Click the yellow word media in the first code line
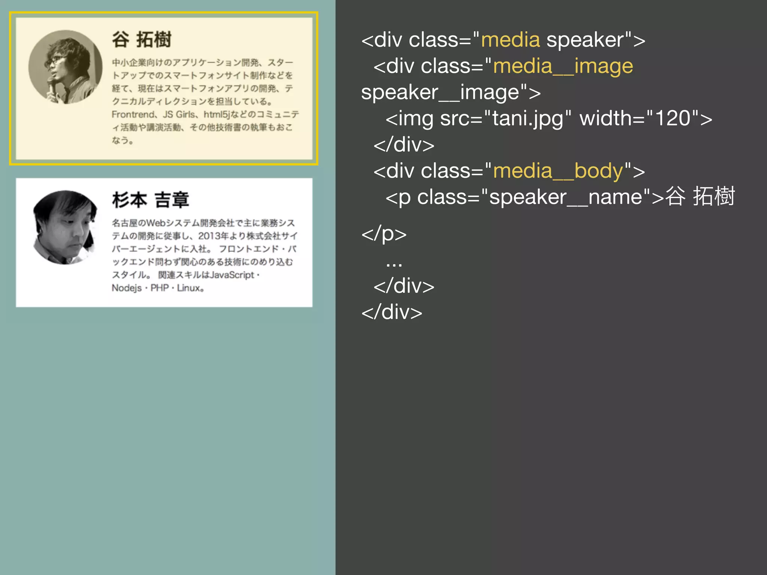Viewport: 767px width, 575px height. click(510, 40)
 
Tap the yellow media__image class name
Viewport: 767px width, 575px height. click(563, 66)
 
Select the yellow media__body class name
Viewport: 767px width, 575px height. click(558, 171)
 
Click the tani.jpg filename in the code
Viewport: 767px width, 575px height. click(528, 119)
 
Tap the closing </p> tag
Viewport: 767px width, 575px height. click(384, 234)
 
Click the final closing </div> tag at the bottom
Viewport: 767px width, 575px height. click(392, 312)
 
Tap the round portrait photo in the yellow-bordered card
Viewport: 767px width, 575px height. click(66, 67)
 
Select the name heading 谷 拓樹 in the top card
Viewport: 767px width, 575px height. click(142, 40)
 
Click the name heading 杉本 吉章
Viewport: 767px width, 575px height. click(151, 200)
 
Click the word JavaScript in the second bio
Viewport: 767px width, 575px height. click(232, 275)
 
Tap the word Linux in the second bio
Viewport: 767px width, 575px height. click(189, 288)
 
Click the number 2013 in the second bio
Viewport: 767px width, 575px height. click(209, 236)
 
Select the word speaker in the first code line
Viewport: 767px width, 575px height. click(584, 40)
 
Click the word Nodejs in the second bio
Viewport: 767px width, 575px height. click(127, 288)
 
